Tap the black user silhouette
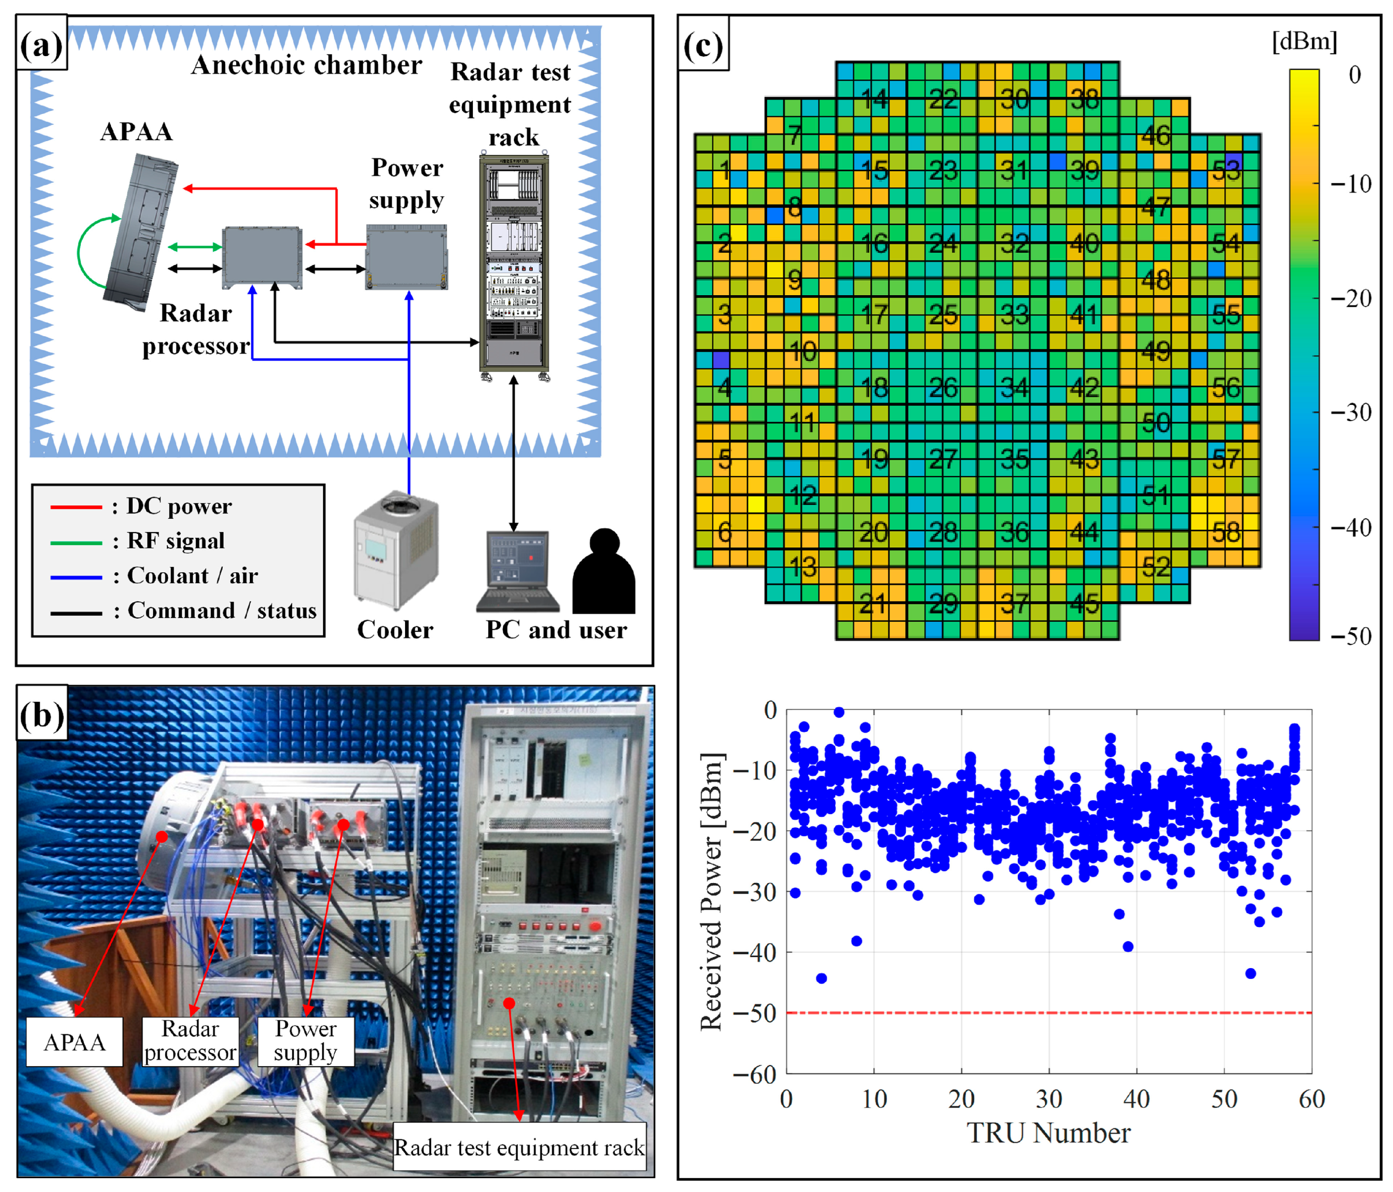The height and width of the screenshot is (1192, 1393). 604,572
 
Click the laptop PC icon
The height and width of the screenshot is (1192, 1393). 518,572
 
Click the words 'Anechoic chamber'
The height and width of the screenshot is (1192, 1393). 307,65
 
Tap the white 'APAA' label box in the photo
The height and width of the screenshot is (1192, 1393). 74,1042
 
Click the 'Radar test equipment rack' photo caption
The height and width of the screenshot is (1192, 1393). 519,1147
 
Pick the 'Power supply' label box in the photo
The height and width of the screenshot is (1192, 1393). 306,1041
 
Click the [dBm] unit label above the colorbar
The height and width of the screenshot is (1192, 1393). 1304,42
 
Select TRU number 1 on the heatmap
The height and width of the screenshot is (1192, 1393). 724,170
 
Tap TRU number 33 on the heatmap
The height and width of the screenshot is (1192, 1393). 1014,315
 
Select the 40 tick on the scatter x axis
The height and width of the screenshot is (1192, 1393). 1136,1098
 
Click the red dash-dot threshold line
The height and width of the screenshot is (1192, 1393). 1049,1012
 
